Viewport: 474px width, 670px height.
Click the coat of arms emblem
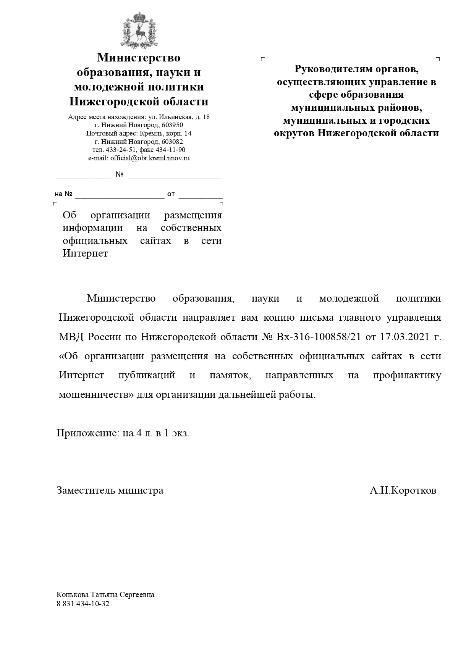(139, 31)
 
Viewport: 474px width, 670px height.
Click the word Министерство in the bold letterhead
(139, 58)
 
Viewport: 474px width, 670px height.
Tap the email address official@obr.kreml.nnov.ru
(150, 158)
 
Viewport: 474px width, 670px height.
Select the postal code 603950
(172, 125)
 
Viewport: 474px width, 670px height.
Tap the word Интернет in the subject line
(85, 253)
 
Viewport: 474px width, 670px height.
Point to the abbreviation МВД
(71, 337)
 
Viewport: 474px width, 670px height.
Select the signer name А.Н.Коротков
(403, 490)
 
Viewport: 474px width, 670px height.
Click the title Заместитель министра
(110, 490)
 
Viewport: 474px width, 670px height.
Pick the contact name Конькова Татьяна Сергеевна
(105, 595)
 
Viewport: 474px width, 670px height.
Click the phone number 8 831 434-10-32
(83, 604)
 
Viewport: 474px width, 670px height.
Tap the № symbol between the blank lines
(120, 174)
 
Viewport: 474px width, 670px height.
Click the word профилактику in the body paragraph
(407, 375)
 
